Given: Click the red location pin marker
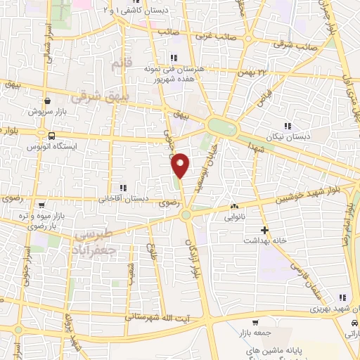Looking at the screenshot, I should pos(182,165).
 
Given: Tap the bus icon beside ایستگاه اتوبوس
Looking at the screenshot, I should pos(51,134).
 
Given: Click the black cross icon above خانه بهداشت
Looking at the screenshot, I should pos(265,230).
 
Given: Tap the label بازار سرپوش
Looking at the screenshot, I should pos(46,112).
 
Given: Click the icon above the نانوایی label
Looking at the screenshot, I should pos(234,207).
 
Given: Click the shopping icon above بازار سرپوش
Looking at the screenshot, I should pos(46,101).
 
